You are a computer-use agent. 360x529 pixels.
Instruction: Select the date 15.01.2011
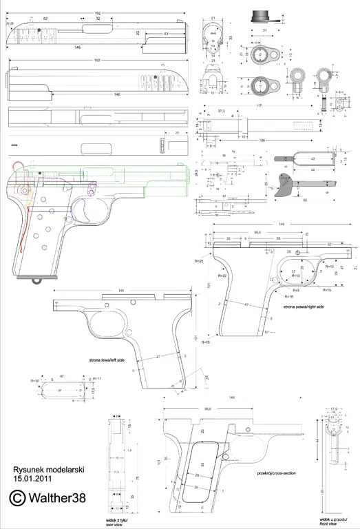click(x=31, y=477)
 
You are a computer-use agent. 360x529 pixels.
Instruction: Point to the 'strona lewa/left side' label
click(x=107, y=360)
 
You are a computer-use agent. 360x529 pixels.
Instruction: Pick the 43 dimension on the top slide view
click(x=167, y=32)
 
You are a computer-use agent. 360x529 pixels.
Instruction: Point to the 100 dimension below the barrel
click(x=263, y=140)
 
